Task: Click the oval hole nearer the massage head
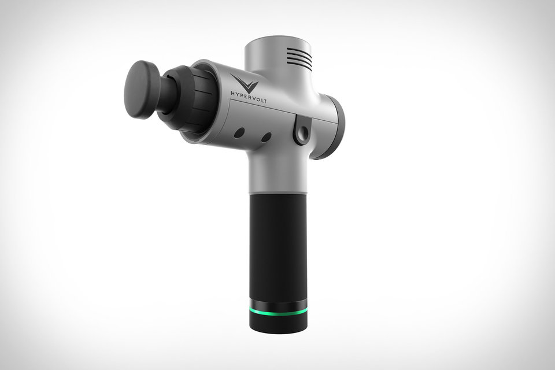tap(238, 133)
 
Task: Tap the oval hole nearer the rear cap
tap(266, 138)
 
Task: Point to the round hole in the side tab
tap(301, 135)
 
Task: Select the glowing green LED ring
tap(278, 313)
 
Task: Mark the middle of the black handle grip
tap(278, 246)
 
